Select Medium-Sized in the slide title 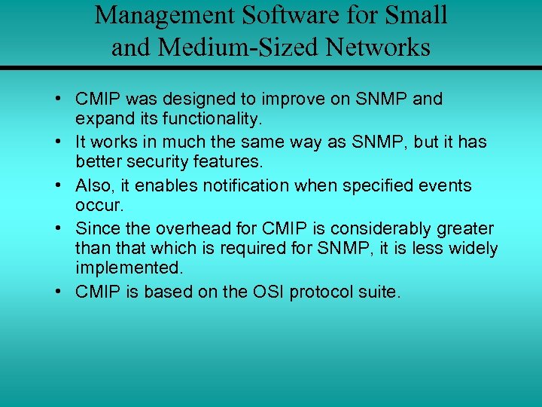tap(242, 47)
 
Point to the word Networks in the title tap(378, 47)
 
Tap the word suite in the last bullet tap(380, 292)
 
